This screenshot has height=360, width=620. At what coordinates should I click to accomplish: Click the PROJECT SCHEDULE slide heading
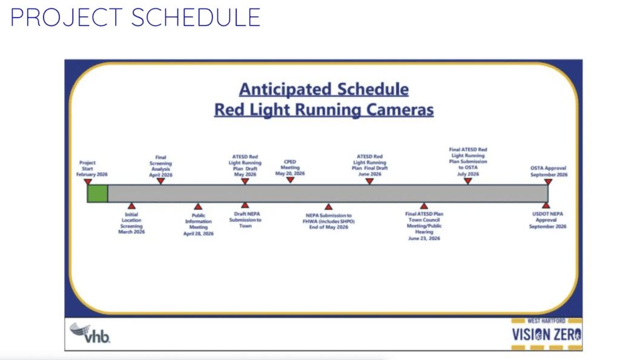[135, 18]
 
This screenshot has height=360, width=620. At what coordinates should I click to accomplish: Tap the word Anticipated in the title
[285, 90]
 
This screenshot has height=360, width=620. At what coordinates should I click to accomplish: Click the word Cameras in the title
[400, 110]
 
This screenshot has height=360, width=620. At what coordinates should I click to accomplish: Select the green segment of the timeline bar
[97, 194]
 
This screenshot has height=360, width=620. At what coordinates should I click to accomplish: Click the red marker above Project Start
[88, 182]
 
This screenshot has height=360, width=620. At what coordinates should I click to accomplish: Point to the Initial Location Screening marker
[131, 206]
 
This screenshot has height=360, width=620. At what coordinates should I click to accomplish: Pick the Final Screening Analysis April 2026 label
[160, 166]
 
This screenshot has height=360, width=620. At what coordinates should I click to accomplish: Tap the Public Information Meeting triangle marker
[198, 206]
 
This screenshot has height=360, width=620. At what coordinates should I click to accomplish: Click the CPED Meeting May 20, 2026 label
[290, 168]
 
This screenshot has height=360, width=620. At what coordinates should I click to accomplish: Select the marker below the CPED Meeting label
[290, 180]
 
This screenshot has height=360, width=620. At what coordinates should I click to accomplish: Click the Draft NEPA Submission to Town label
[245, 220]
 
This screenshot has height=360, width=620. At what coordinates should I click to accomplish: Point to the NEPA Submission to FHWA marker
[328, 206]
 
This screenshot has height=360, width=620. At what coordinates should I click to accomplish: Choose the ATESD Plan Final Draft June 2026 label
[370, 165]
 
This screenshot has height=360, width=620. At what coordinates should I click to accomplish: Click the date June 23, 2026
[424, 238]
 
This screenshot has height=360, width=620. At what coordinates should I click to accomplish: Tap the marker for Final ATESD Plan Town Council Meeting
[424, 206]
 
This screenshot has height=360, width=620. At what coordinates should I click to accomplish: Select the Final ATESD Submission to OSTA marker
[468, 181]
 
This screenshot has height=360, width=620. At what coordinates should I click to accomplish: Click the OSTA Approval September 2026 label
[549, 171]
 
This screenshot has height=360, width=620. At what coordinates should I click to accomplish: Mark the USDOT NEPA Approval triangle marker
[546, 206]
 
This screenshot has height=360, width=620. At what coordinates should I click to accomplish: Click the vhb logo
[90, 333]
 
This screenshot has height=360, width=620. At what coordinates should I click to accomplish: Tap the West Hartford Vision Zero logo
[547, 334]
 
